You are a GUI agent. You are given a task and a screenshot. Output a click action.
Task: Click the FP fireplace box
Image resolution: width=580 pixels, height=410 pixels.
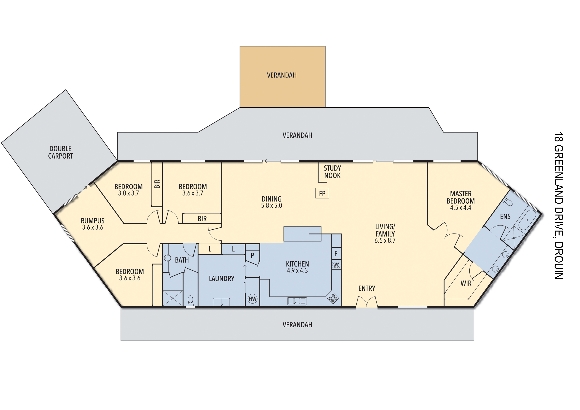coord(322,193)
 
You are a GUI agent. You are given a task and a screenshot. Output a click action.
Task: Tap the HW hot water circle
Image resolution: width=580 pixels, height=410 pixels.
coord(252,299)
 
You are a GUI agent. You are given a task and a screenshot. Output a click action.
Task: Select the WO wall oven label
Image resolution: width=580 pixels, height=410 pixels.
coord(336,265)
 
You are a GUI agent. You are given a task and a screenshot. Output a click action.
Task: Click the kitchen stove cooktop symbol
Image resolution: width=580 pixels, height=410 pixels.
coord(333,298)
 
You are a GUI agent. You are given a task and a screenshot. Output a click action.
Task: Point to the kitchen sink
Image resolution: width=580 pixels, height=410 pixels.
coord(297,301)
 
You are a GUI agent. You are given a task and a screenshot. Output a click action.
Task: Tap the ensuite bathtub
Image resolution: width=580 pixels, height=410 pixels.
coord(527,219)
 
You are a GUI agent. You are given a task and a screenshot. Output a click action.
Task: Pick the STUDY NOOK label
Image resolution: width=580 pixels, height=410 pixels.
coord(332,172)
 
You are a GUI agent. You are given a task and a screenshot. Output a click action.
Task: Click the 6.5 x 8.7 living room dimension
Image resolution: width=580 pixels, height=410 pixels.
coord(385,240)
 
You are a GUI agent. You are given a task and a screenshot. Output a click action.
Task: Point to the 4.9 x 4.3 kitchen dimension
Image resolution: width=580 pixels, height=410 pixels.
coord(297,271)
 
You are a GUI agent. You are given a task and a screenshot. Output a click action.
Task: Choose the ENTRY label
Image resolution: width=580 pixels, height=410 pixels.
coord(367,288)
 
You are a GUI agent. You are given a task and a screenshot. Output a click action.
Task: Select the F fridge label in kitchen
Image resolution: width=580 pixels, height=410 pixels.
coord(336,254)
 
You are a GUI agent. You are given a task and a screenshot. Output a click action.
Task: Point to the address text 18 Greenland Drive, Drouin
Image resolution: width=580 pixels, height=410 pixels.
coord(559,205)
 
